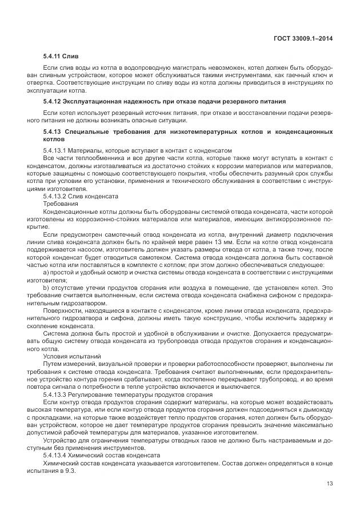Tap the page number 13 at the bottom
(329, 484)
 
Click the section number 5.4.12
(53, 101)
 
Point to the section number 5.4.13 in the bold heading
(53, 132)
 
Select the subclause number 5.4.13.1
(55, 150)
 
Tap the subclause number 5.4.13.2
(55, 196)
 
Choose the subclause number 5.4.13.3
(55, 395)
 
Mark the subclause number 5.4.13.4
(55, 455)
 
